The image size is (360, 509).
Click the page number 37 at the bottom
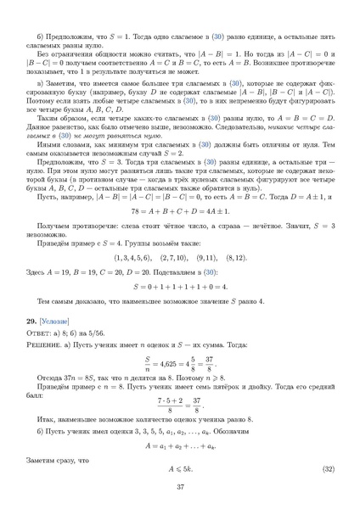(x=180, y=486)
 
